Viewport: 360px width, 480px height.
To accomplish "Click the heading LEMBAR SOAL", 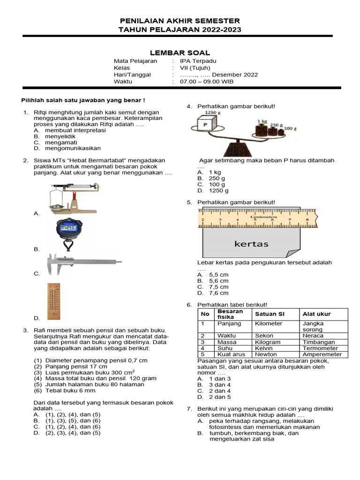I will (x=180, y=53).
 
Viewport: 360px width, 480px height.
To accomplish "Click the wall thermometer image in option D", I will (x=54, y=300).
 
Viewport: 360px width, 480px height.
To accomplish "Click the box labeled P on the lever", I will (x=205, y=125).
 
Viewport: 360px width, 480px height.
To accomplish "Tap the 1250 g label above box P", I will (x=212, y=112).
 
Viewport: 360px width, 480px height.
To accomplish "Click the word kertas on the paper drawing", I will (x=251, y=244).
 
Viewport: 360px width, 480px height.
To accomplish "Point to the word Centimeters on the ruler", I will (x=263, y=217).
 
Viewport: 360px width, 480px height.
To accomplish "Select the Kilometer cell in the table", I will (x=269, y=323).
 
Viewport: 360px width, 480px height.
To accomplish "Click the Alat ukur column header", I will (x=317, y=314).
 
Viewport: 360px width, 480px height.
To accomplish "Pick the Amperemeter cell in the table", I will (x=322, y=354).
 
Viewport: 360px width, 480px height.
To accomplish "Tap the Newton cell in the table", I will (x=266, y=354).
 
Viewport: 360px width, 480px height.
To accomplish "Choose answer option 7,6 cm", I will (x=218, y=293).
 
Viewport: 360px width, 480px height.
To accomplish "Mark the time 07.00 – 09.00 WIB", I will (x=210, y=82).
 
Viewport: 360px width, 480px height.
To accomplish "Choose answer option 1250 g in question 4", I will (x=218, y=191).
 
